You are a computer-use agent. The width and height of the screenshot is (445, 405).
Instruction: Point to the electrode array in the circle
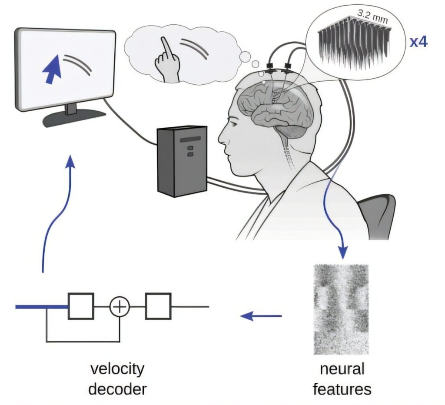352,43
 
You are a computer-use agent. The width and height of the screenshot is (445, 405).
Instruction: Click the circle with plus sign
120,307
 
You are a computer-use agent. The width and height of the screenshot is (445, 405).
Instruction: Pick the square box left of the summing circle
81,306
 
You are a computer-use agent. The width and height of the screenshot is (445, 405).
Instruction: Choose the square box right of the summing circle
158,306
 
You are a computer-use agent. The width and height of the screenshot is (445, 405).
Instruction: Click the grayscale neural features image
341,309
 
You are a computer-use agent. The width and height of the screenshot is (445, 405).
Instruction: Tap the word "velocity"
117,370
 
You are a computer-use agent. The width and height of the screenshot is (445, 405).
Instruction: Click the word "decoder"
117,388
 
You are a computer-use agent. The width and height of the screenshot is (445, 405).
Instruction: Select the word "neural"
342,370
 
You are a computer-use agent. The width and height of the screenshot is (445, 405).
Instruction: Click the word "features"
342,388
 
